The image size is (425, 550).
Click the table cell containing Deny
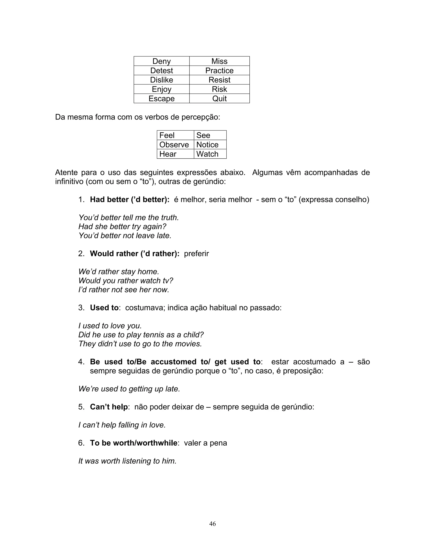161,61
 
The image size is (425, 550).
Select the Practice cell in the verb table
219,71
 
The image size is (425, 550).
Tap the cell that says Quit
219,98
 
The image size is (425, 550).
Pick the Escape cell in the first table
161,98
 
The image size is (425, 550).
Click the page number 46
212,524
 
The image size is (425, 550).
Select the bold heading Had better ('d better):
130,199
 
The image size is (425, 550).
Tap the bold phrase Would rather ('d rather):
135,253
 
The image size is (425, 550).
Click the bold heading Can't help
109,407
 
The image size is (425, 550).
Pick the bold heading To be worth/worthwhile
134,443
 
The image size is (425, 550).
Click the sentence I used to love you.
110,326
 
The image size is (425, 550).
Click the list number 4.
81,362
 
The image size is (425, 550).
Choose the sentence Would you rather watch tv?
126,281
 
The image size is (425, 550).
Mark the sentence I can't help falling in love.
122,425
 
